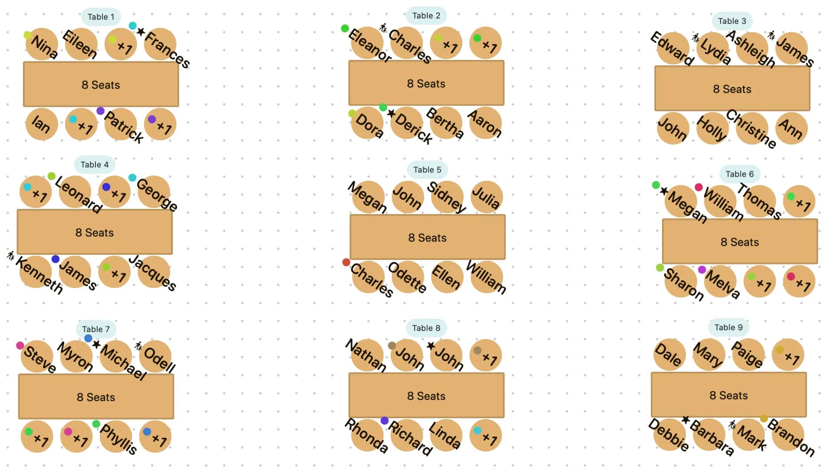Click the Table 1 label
pyautogui.click(x=101, y=17)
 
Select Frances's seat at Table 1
pyautogui.click(x=160, y=44)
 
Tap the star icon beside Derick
pyautogui.click(x=391, y=113)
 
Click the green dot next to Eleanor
pyautogui.click(x=345, y=29)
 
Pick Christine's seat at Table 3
pyautogui.click(x=752, y=129)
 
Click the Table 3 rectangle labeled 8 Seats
pyautogui.click(x=732, y=89)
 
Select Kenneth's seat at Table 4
pyautogui.click(x=36, y=272)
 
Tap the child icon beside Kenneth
pyautogui.click(x=11, y=255)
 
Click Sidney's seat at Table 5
pyautogui.click(x=447, y=197)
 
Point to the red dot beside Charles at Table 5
pyautogui.click(x=346, y=262)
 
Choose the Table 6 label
pyautogui.click(x=739, y=174)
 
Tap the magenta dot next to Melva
pyautogui.click(x=702, y=270)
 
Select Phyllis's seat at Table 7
pyautogui.click(x=116, y=436)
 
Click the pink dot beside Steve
pyautogui.click(x=20, y=346)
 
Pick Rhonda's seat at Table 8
pyautogui.click(x=367, y=436)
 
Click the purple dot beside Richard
pyautogui.click(x=384, y=420)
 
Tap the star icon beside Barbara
pyautogui.click(x=685, y=419)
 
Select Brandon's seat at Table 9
pyautogui.click(x=788, y=435)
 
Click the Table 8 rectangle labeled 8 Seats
pyautogui.click(x=426, y=396)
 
